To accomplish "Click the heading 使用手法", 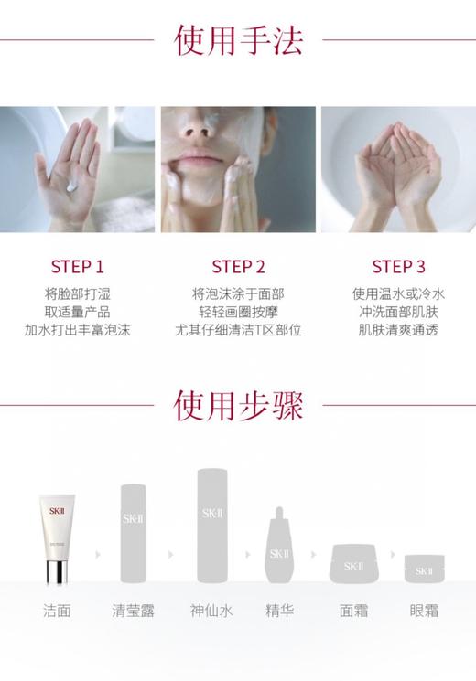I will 238,41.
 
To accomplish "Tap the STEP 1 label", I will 78,267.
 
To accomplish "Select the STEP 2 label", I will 238,267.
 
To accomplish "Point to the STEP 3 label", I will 398,267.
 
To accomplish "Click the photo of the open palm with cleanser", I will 77,169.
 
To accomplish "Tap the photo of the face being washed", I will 238,169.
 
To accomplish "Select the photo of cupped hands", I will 398,169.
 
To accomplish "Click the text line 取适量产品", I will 78,312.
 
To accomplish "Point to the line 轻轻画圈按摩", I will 238,312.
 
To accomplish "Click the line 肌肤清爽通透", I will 398,330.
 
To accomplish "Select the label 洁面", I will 57,611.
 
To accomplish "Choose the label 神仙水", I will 211,611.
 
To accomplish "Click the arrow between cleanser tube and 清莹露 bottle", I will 94,554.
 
